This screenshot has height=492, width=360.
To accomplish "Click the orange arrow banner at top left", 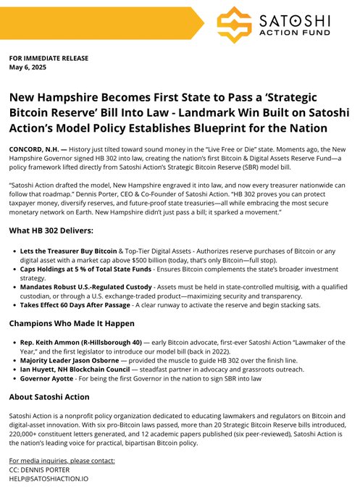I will coord(101,23).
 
